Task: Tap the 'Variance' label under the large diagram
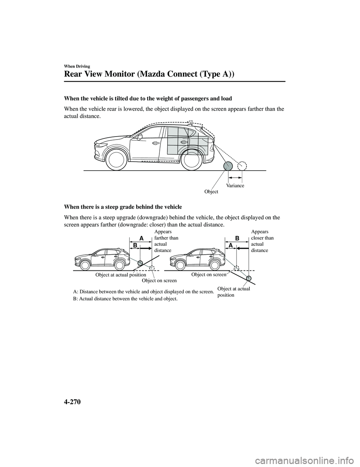point(235,185)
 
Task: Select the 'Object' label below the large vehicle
point(211,192)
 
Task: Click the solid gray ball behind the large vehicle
point(228,166)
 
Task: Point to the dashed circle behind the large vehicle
point(242,166)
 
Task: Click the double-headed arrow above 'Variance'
point(235,177)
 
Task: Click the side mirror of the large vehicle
point(140,137)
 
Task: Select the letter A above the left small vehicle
point(141,238)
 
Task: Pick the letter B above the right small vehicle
point(237,238)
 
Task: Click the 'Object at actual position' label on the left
point(121,275)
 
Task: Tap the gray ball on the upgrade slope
point(140,263)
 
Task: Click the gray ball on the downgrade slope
point(249,278)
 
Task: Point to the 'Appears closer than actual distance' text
point(262,241)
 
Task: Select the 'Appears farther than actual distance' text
point(166,241)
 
